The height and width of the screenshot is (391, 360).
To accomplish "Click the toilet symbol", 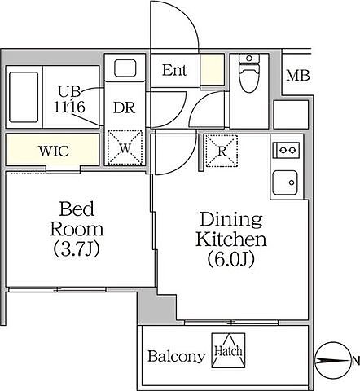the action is pyautogui.click(x=249, y=73).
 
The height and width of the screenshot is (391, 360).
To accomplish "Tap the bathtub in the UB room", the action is pyautogui.click(x=24, y=97).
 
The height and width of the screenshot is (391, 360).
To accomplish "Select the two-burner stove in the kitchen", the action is pyautogui.click(x=286, y=150).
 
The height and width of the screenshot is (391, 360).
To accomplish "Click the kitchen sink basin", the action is pyautogui.click(x=285, y=182).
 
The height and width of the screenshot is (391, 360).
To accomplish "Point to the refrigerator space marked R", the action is pyautogui.click(x=222, y=151).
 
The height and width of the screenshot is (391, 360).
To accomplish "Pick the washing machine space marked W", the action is pyautogui.click(x=125, y=147).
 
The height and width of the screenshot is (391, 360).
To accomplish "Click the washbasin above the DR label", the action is pyautogui.click(x=125, y=68).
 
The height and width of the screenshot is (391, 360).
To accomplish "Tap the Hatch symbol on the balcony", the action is pyautogui.click(x=228, y=350).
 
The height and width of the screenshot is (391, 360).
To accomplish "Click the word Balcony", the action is pyautogui.click(x=177, y=357).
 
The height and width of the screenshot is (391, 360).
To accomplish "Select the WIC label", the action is pyautogui.click(x=54, y=151).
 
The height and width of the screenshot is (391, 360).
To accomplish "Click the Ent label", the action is pyautogui.click(x=174, y=71).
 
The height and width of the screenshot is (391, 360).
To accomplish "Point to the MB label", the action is pyautogui.click(x=298, y=76).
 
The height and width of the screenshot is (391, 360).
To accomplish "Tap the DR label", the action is pyautogui.click(x=125, y=108).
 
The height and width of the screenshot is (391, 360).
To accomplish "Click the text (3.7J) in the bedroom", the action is pyautogui.click(x=77, y=249).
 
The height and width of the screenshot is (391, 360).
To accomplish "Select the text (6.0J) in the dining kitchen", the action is pyautogui.click(x=230, y=259).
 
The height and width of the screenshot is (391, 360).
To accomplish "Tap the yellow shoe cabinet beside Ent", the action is pyautogui.click(x=212, y=69).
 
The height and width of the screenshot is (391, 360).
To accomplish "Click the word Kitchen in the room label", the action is pyautogui.click(x=230, y=239).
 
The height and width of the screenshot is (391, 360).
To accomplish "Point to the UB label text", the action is pyautogui.click(x=69, y=92).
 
